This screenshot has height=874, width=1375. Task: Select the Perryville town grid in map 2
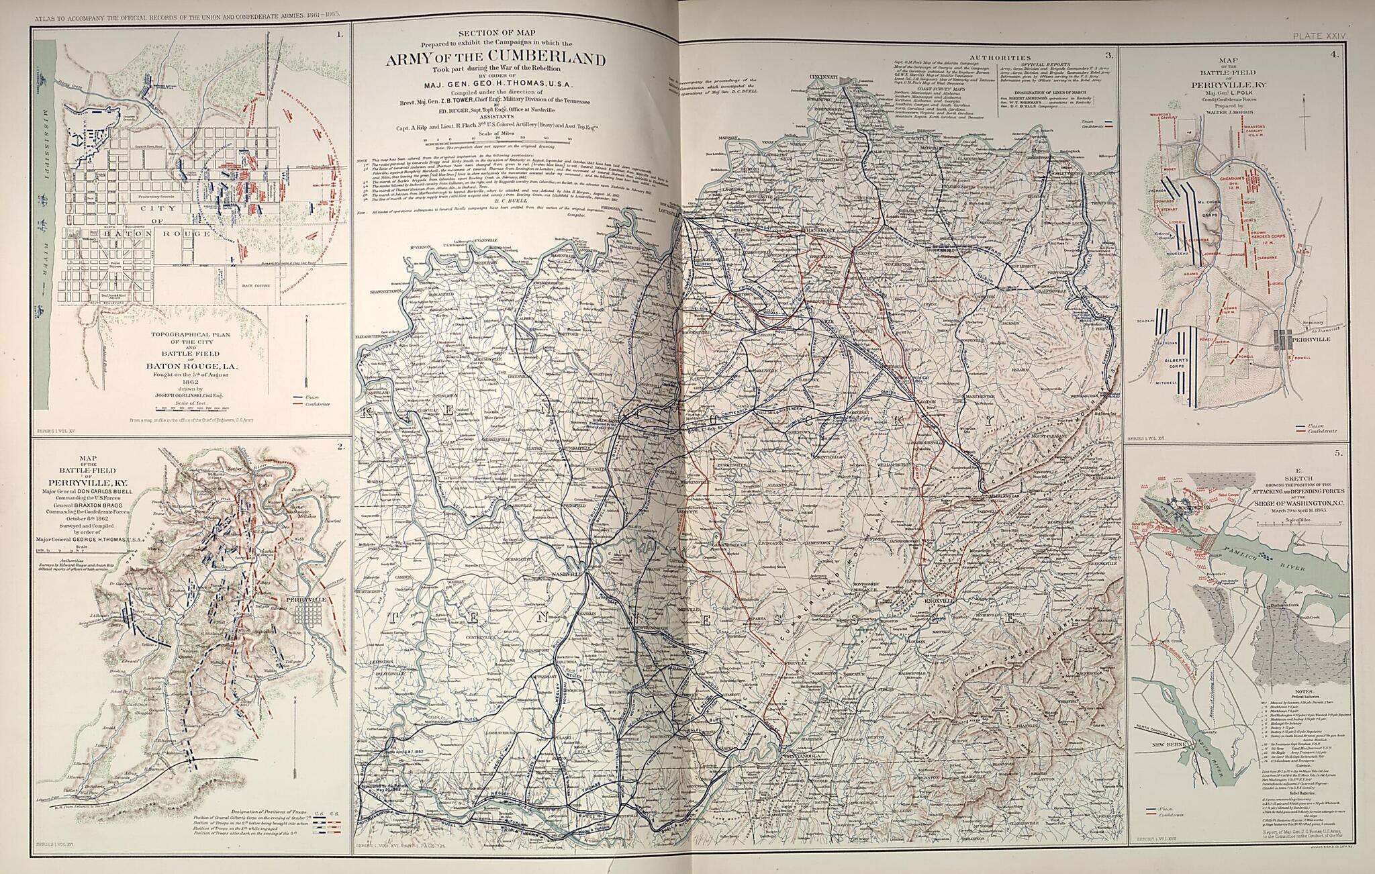305,615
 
